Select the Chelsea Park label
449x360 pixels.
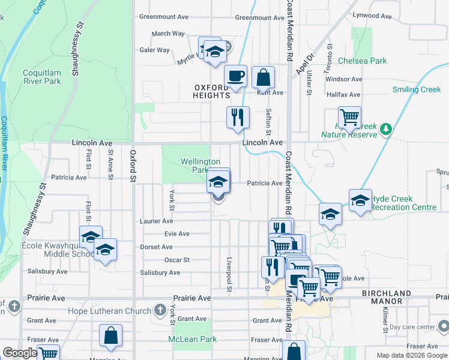click(x=363, y=61)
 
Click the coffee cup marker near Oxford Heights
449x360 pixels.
click(x=235, y=77)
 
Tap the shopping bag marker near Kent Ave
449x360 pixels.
click(x=263, y=77)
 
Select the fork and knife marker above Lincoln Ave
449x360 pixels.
click(x=238, y=117)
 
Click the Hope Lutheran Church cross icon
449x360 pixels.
click(x=159, y=310)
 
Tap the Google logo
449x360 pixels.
click(x=19, y=353)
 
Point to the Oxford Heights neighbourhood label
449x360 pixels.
click(x=212, y=91)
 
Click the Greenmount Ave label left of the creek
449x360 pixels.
click(x=164, y=17)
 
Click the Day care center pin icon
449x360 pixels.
click(x=443, y=327)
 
